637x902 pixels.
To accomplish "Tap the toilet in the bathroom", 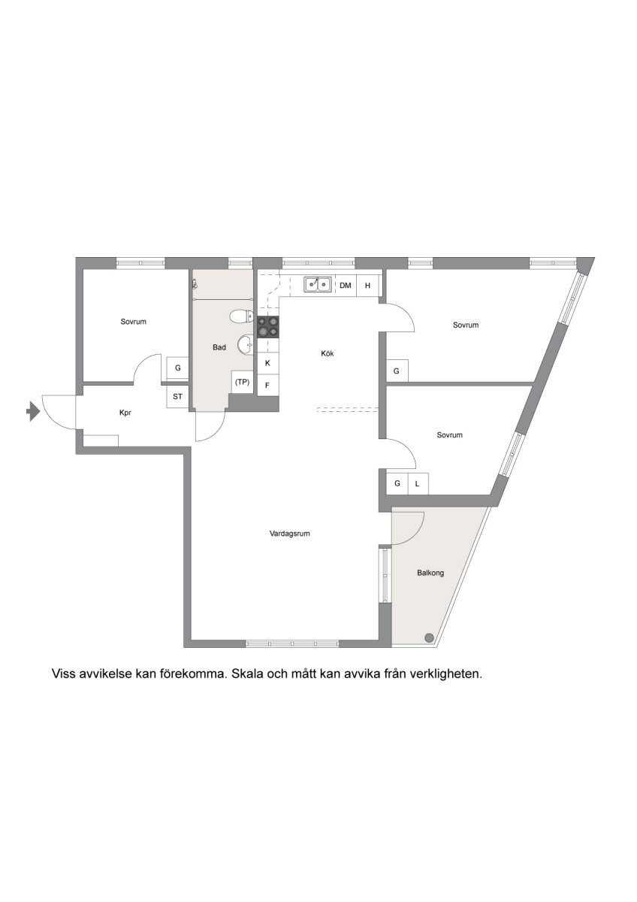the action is tap(241, 316).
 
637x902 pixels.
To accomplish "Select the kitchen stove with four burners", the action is tap(268, 326).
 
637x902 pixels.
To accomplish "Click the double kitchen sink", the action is tap(318, 284).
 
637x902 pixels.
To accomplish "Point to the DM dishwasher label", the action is tap(346, 286).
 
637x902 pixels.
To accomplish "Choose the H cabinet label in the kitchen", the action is tap(367, 286).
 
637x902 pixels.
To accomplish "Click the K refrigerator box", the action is tap(267, 363).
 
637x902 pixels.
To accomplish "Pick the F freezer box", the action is tap(267, 386).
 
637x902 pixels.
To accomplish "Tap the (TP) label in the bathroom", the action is tap(242, 382).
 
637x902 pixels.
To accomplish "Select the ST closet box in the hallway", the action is tap(177, 397).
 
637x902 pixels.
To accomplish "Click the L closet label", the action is tap(418, 484).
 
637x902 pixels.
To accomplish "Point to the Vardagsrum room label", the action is tap(290, 534).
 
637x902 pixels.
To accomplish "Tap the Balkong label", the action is tap(430, 573).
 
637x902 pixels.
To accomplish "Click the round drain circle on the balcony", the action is tap(430, 637).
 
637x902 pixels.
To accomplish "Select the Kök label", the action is tap(328, 353).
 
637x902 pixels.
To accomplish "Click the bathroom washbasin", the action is tap(245, 345).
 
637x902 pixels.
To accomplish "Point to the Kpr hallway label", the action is tap(125, 413).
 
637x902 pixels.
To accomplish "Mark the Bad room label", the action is tap(219, 347).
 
